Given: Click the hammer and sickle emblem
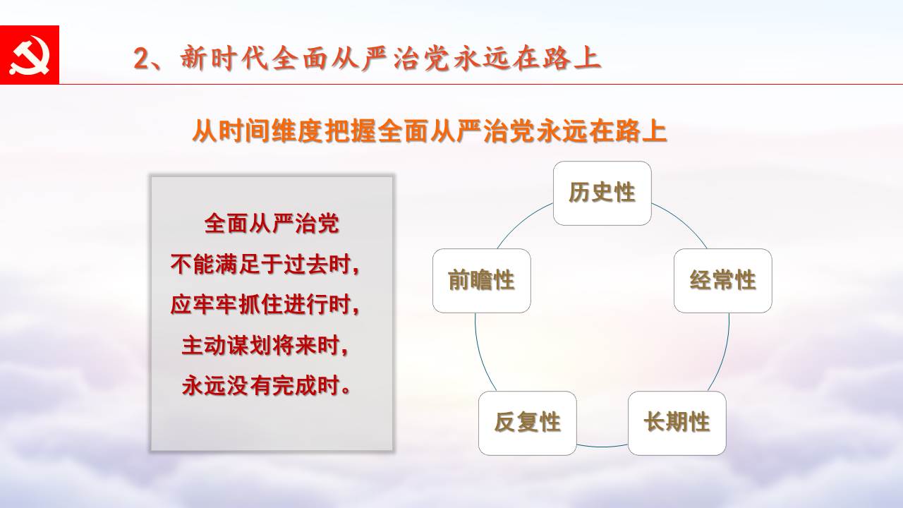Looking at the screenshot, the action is click(29, 55).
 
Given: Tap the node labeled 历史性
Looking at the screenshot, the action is click(602, 193).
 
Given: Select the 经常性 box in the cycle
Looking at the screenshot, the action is click(723, 281).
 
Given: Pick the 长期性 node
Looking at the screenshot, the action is click(677, 423).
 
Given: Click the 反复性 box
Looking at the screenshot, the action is click(528, 423).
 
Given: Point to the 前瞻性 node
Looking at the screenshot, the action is click(482, 281).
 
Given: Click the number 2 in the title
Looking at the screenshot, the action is click(141, 59).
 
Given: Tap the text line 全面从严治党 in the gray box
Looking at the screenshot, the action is click(272, 224).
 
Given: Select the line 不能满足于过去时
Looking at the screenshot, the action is click(265, 265).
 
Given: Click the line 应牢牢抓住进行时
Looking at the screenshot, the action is click(265, 305).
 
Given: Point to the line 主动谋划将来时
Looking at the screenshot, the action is click(265, 346).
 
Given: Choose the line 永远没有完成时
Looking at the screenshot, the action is click(266, 386).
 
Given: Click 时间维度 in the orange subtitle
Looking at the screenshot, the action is click(269, 131).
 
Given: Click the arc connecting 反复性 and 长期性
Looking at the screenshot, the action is click(602, 447).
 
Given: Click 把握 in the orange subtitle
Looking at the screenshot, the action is click(350, 131).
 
